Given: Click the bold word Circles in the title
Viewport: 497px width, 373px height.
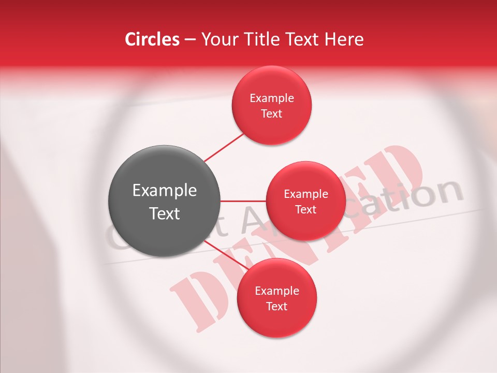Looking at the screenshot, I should pyautogui.click(x=152, y=39).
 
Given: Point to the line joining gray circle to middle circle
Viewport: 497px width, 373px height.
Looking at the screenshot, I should pyautogui.click(x=243, y=200).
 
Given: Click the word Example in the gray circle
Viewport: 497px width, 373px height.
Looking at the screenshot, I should pyautogui.click(x=164, y=191).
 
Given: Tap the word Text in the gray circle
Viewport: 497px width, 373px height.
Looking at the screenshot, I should pyautogui.click(x=164, y=213).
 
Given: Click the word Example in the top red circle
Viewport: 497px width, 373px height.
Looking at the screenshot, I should pyautogui.click(x=271, y=98).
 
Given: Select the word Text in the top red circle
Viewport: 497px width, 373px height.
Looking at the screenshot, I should pyautogui.click(x=271, y=113).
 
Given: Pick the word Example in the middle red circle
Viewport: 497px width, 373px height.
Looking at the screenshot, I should pyautogui.click(x=306, y=194).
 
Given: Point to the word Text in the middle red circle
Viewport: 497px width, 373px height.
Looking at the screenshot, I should pyautogui.click(x=306, y=209).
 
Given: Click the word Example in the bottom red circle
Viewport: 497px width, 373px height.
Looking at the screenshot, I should pyautogui.click(x=276, y=291).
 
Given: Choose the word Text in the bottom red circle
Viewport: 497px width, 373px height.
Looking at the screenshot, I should pyautogui.click(x=276, y=306).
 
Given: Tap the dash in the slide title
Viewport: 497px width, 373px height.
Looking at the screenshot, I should pyautogui.click(x=190, y=40).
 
